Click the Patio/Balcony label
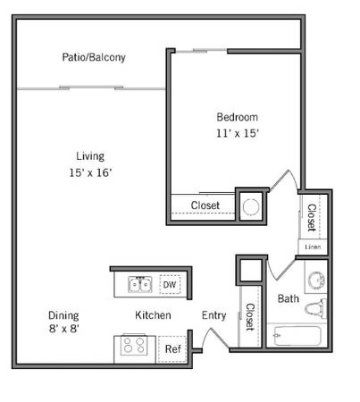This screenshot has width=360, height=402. click(94, 57)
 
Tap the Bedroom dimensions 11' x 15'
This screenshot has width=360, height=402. click(237, 133)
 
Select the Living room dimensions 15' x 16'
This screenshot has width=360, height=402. click(90, 172)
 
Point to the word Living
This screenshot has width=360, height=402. click(90, 156)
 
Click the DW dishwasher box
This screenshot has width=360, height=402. click(170, 284)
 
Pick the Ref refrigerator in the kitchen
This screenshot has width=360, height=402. click(172, 349)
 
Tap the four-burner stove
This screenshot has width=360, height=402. click(134, 345)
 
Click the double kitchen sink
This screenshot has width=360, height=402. click(140, 284)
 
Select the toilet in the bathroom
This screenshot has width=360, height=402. click(315, 308)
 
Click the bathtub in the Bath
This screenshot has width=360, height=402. click(297, 336)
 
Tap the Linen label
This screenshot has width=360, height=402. click(313, 247)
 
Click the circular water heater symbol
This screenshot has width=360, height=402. click(250, 207)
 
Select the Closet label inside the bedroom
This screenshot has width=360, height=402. click(205, 205)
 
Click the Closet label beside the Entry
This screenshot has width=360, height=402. click(250, 317)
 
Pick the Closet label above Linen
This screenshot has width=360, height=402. click(312, 218)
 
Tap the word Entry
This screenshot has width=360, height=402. click(213, 315)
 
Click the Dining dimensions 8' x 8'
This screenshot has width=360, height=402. click(63, 329)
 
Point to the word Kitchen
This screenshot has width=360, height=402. click(153, 315)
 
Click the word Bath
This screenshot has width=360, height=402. click(289, 298)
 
